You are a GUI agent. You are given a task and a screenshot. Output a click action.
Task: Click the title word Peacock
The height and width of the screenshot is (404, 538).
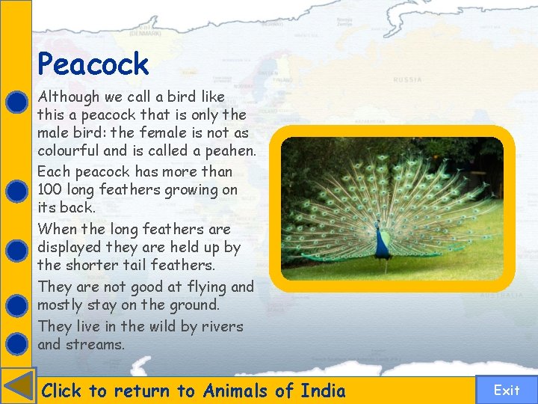click(93, 64)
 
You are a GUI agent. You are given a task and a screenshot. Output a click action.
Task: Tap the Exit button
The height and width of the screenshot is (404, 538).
click(507, 390)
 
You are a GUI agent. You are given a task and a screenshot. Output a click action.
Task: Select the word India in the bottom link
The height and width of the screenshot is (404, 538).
click(323, 391)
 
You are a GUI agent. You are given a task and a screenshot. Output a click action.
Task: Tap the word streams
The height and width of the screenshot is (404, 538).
click(95, 345)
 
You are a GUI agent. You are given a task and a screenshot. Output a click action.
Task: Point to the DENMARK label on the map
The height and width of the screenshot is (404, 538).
click(144, 34)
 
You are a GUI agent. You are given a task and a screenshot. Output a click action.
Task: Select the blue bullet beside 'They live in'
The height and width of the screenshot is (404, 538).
click(16, 343)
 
